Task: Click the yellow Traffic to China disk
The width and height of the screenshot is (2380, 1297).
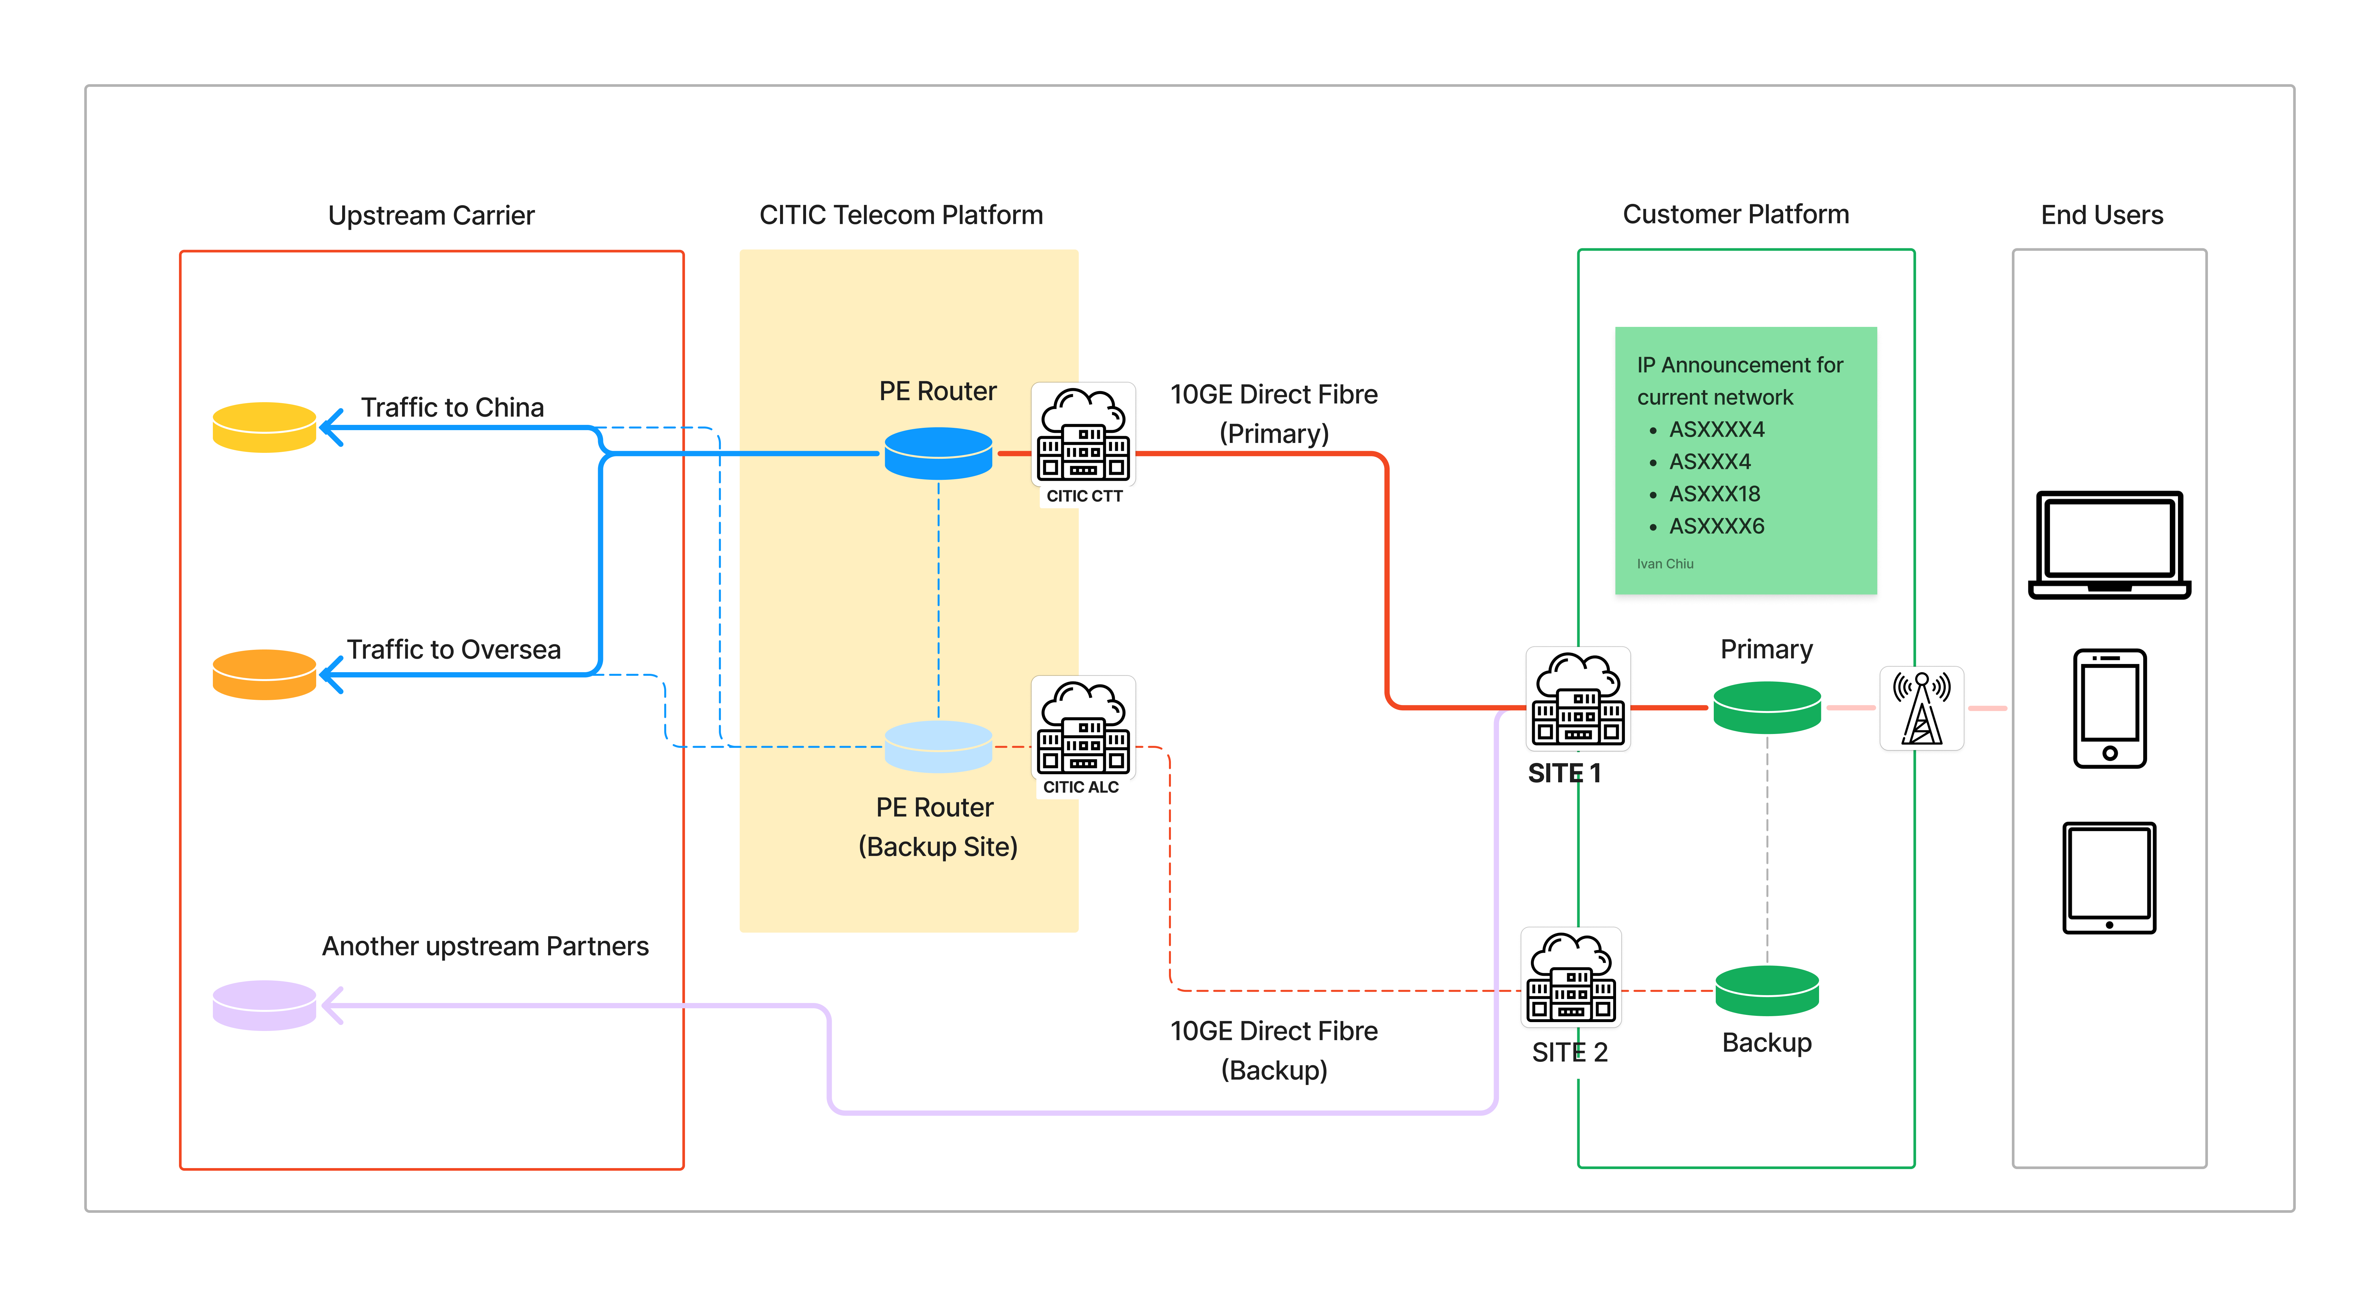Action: pyautogui.click(x=264, y=427)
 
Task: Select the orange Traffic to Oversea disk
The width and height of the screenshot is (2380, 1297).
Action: pyautogui.click(x=264, y=674)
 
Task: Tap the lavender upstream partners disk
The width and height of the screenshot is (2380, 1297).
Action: pyautogui.click(x=264, y=1005)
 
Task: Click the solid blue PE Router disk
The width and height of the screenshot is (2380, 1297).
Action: pyautogui.click(x=938, y=453)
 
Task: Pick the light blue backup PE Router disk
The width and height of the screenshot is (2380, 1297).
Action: pyautogui.click(x=938, y=746)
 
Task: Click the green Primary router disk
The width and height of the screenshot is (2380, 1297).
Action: pyautogui.click(x=1766, y=708)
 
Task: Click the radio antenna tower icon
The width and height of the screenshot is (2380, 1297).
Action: pyautogui.click(x=1922, y=709)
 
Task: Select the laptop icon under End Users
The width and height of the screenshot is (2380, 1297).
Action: pyautogui.click(x=2109, y=545)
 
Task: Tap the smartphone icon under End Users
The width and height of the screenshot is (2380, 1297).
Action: pyautogui.click(x=2109, y=709)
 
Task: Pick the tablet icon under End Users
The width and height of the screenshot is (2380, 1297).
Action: pyautogui.click(x=2109, y=878)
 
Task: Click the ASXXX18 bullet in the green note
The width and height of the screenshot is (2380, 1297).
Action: pyautogui.click(x=1714, y=494)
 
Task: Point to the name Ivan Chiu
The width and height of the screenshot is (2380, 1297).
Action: pyautogui.click(x=1665, y=564)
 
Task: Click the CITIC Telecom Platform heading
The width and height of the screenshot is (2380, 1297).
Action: pyautogui.click(x=901, y=215)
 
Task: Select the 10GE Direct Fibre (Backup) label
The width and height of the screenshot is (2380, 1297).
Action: pyautogui.click(x=1273, y=1050)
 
